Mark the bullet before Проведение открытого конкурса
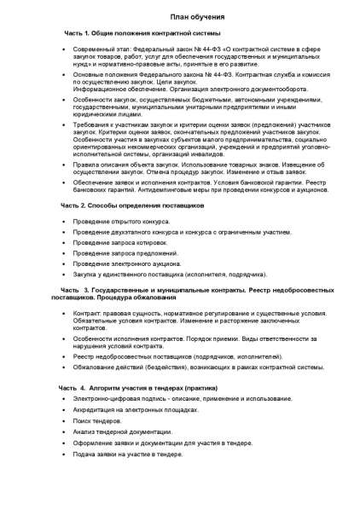[x=65, y=222]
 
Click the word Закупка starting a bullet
[x=86, y=275]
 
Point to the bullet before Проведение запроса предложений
[x=65, y=254]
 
